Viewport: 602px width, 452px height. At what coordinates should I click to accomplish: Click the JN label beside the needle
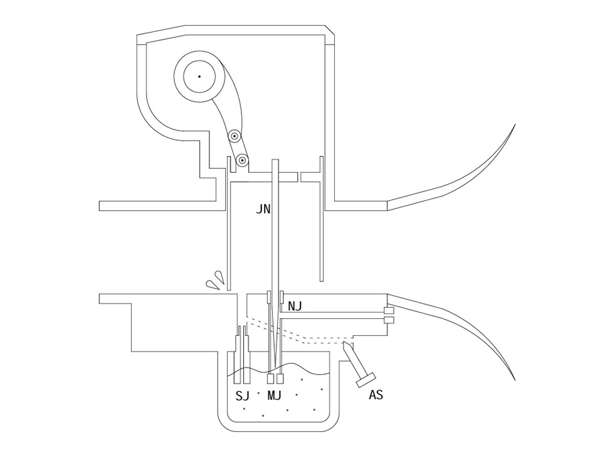(x=263, y=210)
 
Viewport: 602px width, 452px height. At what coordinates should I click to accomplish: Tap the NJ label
(x=295, y=306)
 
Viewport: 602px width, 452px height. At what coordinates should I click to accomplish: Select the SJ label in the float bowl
(x=242, y=395)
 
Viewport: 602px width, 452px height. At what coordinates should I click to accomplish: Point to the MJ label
(x=274, y=395)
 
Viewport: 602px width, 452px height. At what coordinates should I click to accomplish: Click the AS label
(x=376, y=395)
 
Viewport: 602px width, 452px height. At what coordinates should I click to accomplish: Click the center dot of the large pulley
(x=199, y=77)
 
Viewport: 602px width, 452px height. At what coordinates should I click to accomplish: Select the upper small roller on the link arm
(x=234, y=136)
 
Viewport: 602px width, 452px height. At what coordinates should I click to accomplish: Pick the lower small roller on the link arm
(x=242, y=159)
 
